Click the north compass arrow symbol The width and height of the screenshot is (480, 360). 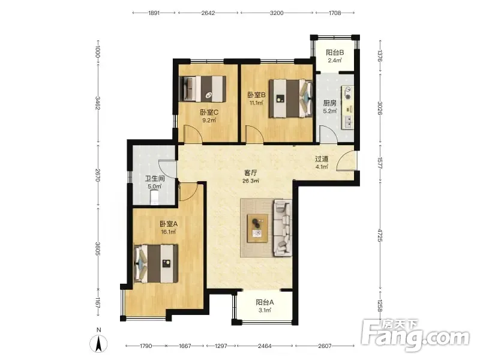[98, 343]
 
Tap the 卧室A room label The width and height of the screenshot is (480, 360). [169, 224]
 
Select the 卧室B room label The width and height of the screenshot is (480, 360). [257, 95]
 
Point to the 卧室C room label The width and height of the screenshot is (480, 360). [209, 112]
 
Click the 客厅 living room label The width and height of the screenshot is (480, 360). [251, 173]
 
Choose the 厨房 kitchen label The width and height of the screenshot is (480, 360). [330, 103]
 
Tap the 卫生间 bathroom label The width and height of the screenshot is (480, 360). [155, 178]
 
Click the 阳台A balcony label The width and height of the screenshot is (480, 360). [265, 302]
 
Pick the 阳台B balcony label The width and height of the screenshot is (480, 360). [335, 52]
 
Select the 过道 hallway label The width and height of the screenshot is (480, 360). [322, 159]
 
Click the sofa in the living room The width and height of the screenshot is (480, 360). [283, 228]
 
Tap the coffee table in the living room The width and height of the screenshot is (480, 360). [258, 228]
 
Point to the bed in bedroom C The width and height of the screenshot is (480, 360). [203, 89]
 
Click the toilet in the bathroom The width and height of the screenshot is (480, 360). [155, 197]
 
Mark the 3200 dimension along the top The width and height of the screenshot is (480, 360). [277, 13]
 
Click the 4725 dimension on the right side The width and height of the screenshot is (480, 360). [380, 235]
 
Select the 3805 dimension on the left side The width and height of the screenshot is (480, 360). [98, 248]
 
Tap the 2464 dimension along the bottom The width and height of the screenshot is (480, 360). [265, 346]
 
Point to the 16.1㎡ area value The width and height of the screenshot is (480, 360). [169, 232]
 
